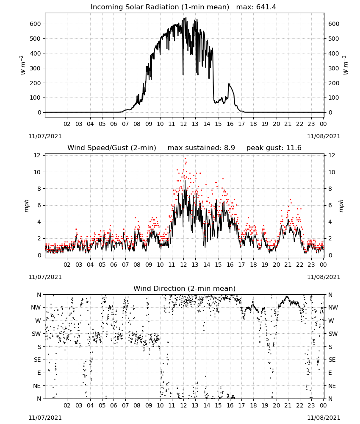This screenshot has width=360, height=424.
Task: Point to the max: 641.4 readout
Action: point(256,7)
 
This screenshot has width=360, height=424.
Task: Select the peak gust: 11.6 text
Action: point(274,148)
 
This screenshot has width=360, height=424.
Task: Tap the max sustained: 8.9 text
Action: point(201,148)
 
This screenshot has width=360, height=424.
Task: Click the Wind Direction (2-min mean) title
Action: point(185,288)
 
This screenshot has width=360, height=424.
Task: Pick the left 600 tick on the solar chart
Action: point(35,24)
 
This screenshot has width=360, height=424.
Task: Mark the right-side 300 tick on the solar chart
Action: point(334,68)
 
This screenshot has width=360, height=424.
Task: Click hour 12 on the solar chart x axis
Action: point(183,124)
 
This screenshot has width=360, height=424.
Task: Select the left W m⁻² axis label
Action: point(23,65)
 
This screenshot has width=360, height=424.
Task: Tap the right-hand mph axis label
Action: point(341,206)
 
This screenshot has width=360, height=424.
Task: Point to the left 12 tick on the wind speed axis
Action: point(37,155)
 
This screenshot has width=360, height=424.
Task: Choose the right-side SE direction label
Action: point(332,360)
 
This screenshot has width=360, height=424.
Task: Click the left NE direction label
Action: point(37,386)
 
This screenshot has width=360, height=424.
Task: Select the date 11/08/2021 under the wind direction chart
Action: point(324,418)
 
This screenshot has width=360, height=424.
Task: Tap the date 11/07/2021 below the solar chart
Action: point(45,136)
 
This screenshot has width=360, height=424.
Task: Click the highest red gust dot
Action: point(185,159)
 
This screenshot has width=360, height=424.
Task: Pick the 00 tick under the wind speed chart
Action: point(323,265)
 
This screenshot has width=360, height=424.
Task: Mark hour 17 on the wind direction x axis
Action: point(241,405)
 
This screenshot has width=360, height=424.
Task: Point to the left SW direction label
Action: point(36,334)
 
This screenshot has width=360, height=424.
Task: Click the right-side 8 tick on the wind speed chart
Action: point(330,189)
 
